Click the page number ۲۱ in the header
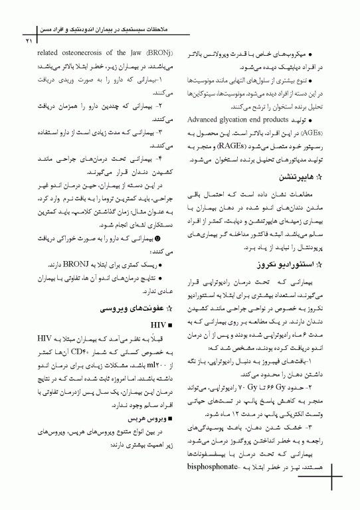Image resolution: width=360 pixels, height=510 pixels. [28, 42]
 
